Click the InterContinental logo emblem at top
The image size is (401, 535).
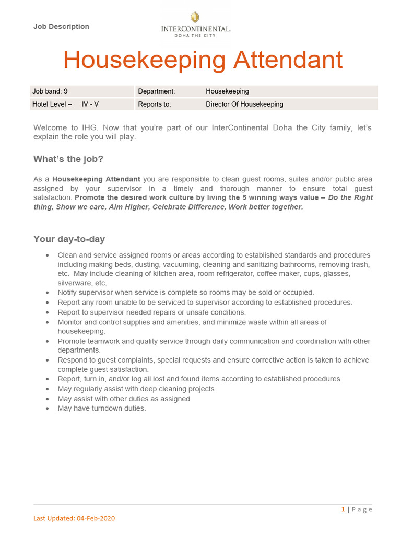[195, 18]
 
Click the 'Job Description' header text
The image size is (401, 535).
[61, 27]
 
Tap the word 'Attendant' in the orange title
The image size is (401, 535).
[288, 60]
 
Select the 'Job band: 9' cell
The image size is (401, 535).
[50, 91]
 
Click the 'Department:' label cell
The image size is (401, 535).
[157, 91]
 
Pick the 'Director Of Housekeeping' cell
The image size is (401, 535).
[244, 104]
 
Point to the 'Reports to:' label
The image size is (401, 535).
[155, 104]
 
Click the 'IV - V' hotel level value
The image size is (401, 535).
[90, 104]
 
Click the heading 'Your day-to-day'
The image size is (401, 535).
[69, 239]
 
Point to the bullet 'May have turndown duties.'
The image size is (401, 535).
[102, 409]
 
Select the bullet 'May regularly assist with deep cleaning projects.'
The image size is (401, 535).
[137, 389]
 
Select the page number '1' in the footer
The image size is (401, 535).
[343, 509]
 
